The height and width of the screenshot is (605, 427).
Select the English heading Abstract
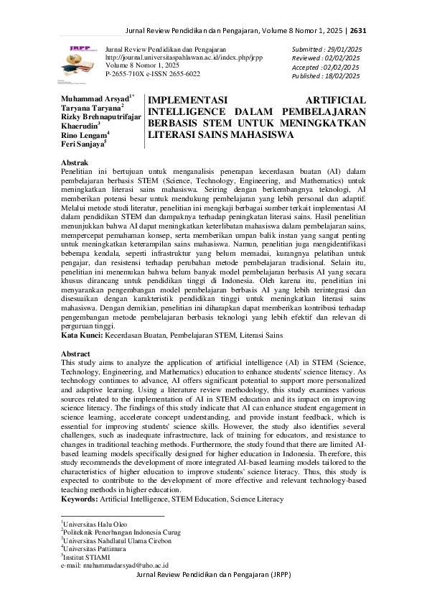pos(76,354)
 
